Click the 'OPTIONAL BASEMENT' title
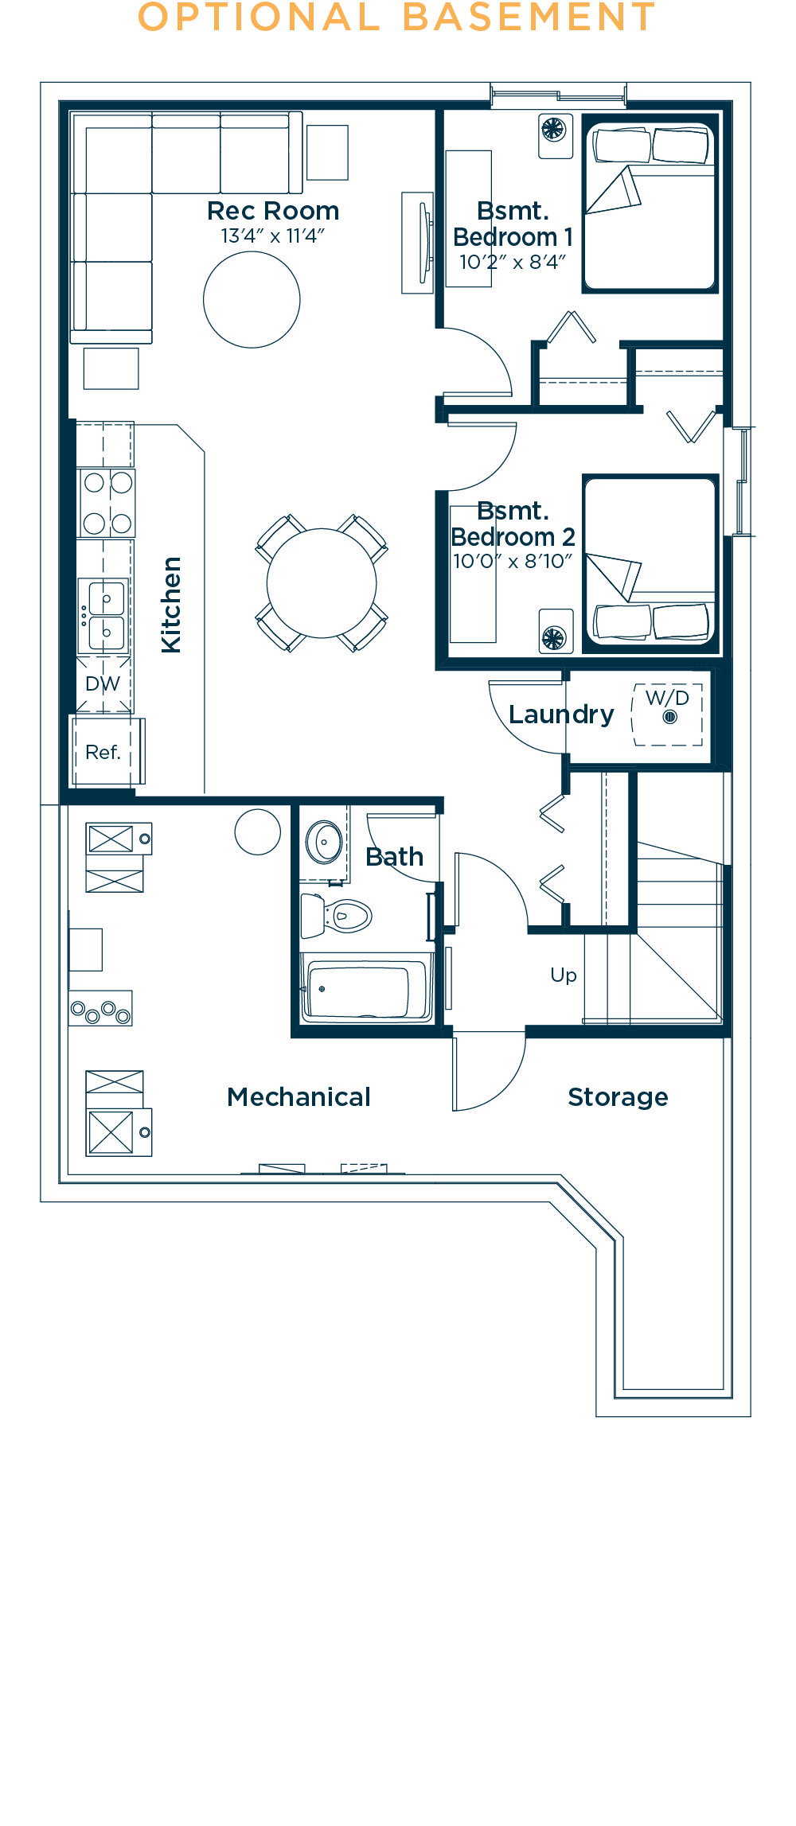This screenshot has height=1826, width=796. tap(396, 18)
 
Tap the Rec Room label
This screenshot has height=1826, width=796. tap(273, 211)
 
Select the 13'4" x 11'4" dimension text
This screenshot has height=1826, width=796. tap(273, 236)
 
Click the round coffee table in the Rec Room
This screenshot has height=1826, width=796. tap(252, 300)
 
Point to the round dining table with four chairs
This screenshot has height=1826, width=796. tap(322, 583)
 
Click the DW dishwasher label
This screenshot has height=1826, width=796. tap(103, 683)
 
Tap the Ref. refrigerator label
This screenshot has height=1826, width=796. tap(103, 752)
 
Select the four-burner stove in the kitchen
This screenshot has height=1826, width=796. tap(107, 503)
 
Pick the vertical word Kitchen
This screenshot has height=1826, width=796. tap(171, 605)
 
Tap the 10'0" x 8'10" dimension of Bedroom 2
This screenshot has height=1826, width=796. tap(512, 562)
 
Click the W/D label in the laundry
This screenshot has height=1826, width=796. tap(667, 698)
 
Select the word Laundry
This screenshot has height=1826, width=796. tap(561, 714)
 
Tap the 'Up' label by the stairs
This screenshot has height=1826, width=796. tap(564, 975)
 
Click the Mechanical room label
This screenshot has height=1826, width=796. tap(298, 1097)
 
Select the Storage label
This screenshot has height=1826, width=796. tap(618, 1097)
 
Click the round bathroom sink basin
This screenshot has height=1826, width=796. tap(325, 842)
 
